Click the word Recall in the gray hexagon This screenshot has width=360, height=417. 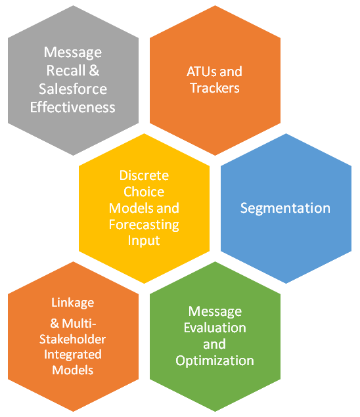[66, 71]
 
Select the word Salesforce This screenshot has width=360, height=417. [73, 89]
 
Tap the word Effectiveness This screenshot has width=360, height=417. [73, 108]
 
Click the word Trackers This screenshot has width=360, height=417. [215, 88]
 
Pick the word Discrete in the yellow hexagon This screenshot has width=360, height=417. [144, 175]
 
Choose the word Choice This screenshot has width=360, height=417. [144, 192]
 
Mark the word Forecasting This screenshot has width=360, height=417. [144, 225]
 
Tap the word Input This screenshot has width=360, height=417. [144, 241]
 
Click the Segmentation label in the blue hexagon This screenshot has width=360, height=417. [286, 208]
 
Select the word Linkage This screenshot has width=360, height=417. [73, 303]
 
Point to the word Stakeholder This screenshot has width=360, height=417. [73, 340]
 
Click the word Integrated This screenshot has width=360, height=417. [73, 355]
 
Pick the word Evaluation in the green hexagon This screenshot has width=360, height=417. [215, 328]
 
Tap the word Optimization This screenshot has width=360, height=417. [215, 361]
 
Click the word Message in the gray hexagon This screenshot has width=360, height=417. [73, 53]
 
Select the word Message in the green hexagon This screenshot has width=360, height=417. [215, 312]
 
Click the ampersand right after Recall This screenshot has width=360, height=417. [94, 71]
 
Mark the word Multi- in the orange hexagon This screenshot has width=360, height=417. [79, 324]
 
